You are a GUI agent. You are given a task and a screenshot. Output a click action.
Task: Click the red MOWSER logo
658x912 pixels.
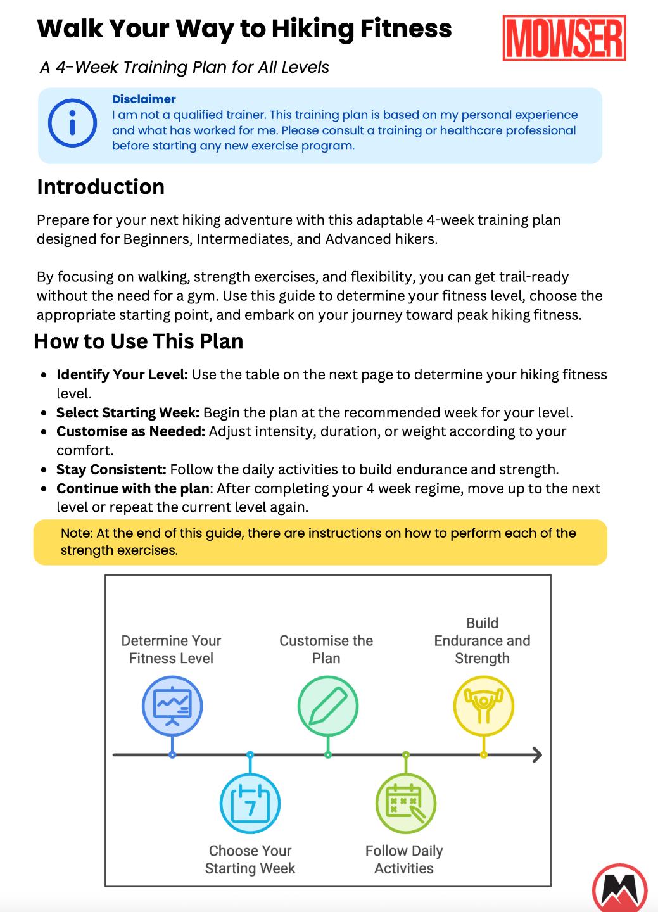pyautogui.click(x=564, y=38)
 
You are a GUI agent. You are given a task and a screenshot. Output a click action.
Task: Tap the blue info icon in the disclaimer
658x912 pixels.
pyautogui.click(x=73, y=123)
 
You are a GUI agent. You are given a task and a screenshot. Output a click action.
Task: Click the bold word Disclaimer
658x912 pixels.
pyautogui.click(x=144, y=99)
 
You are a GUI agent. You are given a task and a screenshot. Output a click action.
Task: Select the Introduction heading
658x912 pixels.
pyautogui.click(x=101, y=187)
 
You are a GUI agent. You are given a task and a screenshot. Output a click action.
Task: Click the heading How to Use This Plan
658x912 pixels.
pyautogui.click(x=139, y=341)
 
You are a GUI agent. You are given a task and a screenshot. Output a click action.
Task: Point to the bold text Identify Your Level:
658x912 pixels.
pyautogui.click(x=122, y=374)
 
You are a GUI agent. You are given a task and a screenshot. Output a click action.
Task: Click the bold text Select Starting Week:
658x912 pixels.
pyautogui.click(x=128, y=412)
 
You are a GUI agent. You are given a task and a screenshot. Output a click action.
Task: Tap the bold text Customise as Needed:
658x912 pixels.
pyautogui.click(x=131, y=431)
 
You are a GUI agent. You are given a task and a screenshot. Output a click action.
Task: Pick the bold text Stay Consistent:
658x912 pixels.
pyautogui.click(x=111, y=469)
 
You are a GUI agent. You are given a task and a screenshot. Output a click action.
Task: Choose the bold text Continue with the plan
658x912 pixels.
pyautogui.click(x=133, y=488)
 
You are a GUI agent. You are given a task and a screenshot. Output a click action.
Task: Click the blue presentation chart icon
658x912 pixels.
pyautogui.click(x=172, y=706)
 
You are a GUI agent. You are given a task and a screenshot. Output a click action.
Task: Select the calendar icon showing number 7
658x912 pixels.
pyautogui.click(x=250, y=803)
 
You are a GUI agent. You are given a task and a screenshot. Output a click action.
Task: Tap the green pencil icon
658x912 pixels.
pyautogui.click(x=327, y=706)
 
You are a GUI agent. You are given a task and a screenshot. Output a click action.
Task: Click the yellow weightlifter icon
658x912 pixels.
pyautogui.click(x=483, y=706)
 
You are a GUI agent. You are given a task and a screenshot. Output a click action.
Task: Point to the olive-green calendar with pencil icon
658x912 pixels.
pyautogui.click(x=405, y=803)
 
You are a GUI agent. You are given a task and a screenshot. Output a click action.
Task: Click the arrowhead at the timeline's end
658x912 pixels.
pyautogui.click(x=537, y=754)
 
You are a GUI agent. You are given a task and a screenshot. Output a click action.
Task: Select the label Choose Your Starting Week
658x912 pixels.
pyautogui.click(x=250, y=859)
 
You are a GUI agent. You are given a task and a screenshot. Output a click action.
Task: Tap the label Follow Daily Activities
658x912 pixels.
pyautogui.click(x=404, y=859)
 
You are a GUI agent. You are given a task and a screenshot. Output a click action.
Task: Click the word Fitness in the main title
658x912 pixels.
pyautogui.click(x=406, y=28)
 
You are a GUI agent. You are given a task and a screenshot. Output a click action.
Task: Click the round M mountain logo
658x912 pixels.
pyautogui.click(x=619, y=889)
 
